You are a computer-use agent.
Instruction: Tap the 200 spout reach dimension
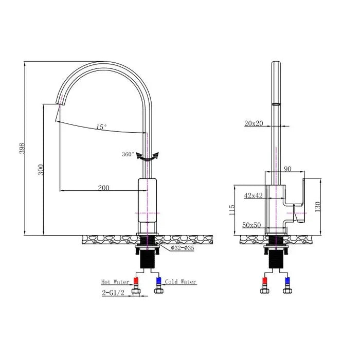point(103,188)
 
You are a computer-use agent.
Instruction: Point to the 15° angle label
point(102,127)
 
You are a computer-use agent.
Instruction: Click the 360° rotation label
point(128,154)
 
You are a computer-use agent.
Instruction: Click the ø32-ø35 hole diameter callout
point(183,248)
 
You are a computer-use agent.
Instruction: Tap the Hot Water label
point(115,282)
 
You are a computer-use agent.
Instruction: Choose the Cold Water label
point(181,282)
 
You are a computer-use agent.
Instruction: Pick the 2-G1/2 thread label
point(113,293)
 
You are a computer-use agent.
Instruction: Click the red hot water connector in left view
point(137,281)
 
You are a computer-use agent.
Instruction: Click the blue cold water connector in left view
point(158,281)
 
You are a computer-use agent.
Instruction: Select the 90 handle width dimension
point(286,169)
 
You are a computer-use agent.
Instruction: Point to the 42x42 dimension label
point(253,195)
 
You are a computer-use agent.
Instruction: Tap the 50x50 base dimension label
point(251,225)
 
